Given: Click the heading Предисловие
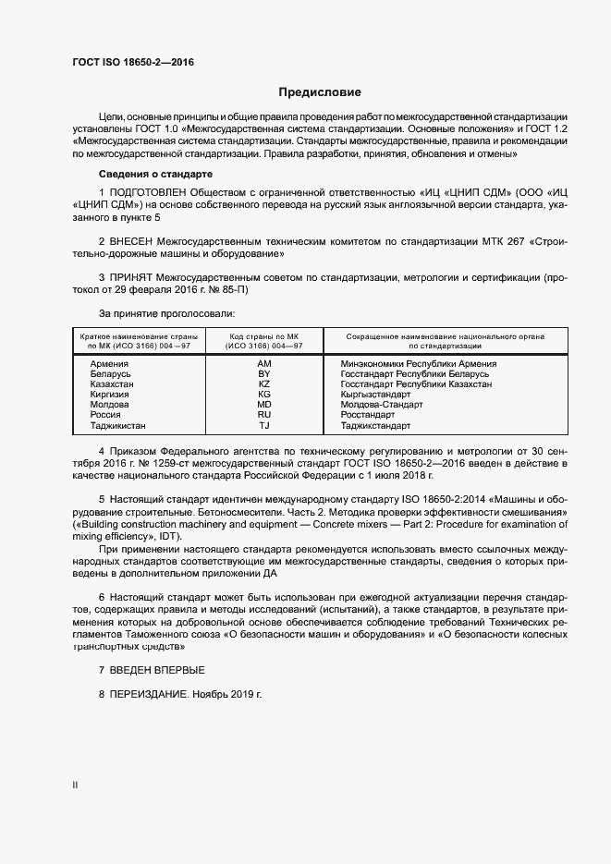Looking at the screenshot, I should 320,92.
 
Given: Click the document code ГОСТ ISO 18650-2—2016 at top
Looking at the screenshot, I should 133,62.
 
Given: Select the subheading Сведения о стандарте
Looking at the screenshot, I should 155,174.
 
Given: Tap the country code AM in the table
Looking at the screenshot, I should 264,364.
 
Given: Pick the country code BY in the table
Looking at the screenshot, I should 264,374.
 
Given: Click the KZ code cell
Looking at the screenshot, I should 264,384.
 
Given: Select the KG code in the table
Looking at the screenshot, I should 264,395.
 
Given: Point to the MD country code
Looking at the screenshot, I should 264,405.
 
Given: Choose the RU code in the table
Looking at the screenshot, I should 264,416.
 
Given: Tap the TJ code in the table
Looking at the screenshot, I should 264,426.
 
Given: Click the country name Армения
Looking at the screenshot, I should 109,364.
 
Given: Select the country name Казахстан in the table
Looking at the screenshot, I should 112,384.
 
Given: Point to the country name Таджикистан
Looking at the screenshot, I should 117,426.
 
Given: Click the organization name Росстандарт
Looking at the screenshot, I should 370,416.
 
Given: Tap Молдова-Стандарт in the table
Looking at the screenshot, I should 382,405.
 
